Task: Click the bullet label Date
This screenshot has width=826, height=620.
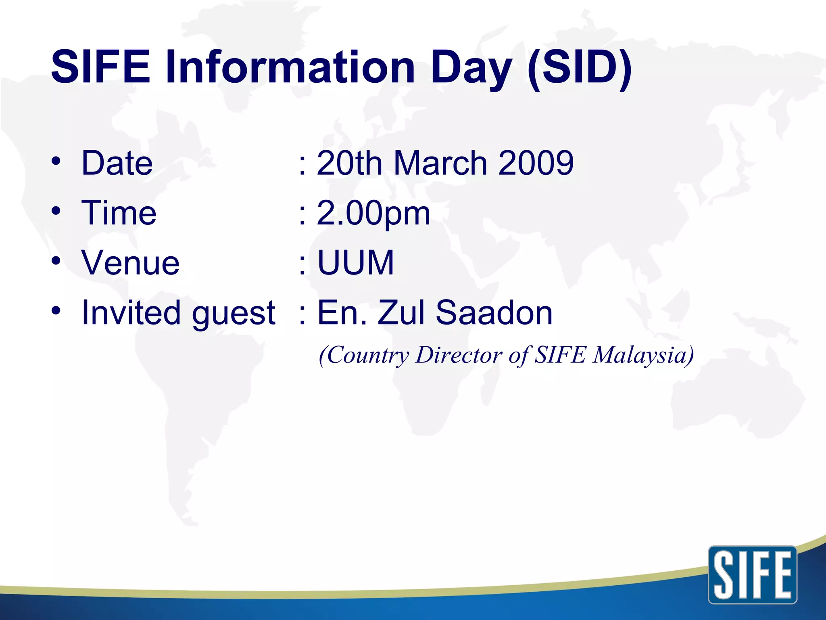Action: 117,163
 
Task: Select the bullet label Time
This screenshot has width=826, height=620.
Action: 119,213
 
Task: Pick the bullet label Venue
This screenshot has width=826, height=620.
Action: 130,263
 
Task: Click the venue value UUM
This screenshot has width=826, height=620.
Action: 355,263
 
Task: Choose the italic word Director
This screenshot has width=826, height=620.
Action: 459,355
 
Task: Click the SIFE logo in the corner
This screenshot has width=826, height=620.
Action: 752,575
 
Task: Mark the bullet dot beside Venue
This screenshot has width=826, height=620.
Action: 56,260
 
